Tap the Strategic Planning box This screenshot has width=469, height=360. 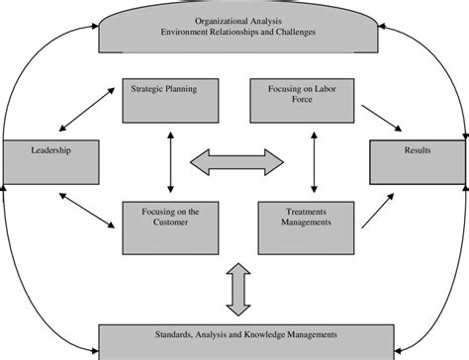point(163,102)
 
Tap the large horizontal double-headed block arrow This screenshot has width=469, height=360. point(234,161)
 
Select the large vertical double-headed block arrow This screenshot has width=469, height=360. point(234,291)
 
